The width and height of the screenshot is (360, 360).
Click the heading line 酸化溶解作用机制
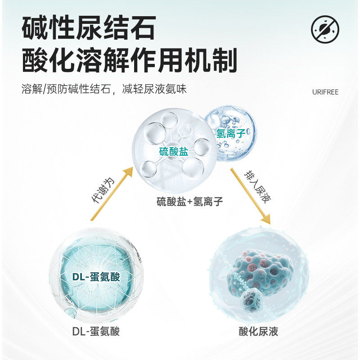coord(129,61)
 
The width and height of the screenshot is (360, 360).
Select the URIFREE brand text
coord(325,92)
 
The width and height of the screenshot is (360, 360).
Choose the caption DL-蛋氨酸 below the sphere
coord(96,332)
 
